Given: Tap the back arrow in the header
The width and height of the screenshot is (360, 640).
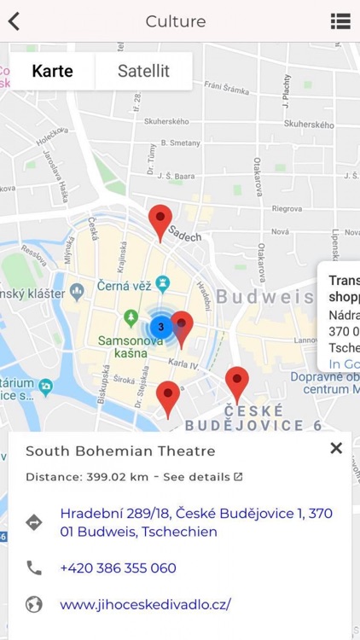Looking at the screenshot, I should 14,21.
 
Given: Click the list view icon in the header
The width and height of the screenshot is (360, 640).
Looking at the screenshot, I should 340,21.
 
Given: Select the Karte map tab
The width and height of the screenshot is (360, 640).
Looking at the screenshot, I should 53,71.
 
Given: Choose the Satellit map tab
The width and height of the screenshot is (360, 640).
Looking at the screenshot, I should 143,71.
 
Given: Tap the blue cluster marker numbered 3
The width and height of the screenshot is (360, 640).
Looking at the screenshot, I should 160,326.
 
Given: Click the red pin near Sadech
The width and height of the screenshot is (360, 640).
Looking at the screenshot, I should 160,221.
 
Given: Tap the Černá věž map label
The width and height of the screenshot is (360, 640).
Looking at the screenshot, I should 125,287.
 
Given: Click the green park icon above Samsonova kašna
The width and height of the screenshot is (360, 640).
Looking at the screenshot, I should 131,317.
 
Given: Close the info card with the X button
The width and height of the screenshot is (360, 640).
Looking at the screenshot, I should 336,448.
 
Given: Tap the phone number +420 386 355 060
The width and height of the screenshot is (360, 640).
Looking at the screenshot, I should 118,567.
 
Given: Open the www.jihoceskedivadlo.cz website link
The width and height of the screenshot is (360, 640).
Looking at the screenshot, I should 145,604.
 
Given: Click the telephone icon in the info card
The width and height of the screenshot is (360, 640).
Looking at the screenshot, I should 34,567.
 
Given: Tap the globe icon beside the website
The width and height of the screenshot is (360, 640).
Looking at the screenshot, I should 34,604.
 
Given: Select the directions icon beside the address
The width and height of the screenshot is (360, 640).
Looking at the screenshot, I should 34,522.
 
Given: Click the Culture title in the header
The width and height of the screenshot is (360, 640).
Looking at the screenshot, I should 176,21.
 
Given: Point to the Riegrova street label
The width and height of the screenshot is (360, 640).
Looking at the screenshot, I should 287,208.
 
